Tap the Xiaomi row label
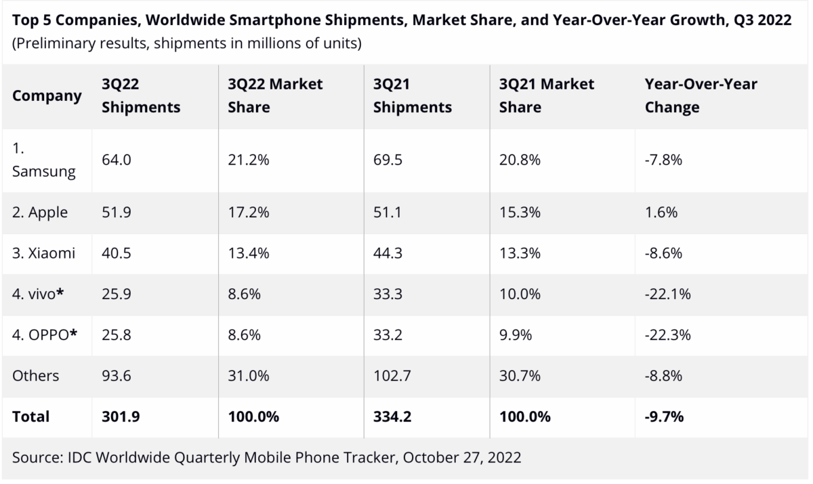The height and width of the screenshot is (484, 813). point(43,253)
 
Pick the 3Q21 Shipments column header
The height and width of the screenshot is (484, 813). point(412,95)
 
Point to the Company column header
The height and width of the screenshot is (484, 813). point(47,95)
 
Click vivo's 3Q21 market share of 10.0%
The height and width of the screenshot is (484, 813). point(520,294)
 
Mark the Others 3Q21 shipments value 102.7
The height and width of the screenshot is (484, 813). point(393,376)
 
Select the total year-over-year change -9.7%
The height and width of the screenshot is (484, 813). point(664,417)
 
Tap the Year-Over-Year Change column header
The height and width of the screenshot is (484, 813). point(701,95)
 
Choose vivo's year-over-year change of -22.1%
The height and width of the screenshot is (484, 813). point(667,294)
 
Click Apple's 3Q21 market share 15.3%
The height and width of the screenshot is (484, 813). point(519,212)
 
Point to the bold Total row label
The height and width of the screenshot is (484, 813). point(30,417)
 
